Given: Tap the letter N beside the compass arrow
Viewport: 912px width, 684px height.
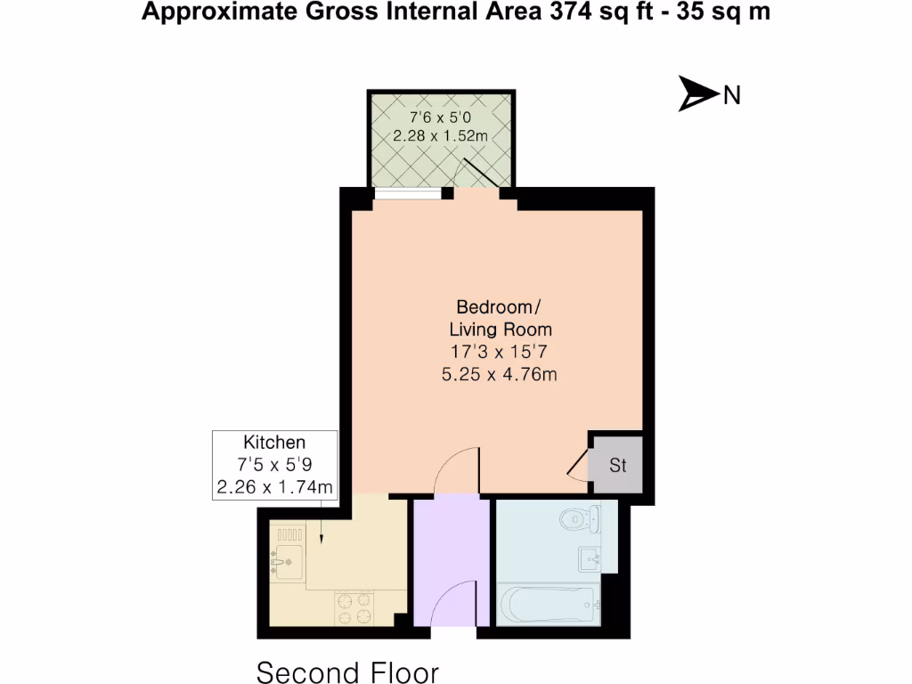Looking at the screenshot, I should (x=731, y=95).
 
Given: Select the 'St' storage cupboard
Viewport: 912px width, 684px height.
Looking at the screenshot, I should (x=617, y=465).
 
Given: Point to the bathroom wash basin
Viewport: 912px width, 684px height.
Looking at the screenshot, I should (x=590, y=558).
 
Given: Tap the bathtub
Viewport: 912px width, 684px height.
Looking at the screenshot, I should (x=547, y=607).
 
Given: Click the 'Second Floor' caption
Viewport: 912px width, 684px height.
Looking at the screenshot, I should (x=347, y=671).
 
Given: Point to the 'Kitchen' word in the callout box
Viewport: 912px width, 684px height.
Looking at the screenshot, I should (x=274, y=443).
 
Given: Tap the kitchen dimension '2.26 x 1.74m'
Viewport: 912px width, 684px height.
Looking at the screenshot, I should (x=274, y=486).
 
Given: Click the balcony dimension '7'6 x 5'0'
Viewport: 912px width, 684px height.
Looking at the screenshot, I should (x=441, y=117).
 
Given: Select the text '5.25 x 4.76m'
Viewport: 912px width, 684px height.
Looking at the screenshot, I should (x=500, y=374).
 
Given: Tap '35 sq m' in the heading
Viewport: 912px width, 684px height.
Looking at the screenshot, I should (x=723, y=13).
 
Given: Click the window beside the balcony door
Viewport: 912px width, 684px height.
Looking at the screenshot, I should (x=408, y=193).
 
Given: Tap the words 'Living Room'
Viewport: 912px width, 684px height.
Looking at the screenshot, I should (x=500, y=330).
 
